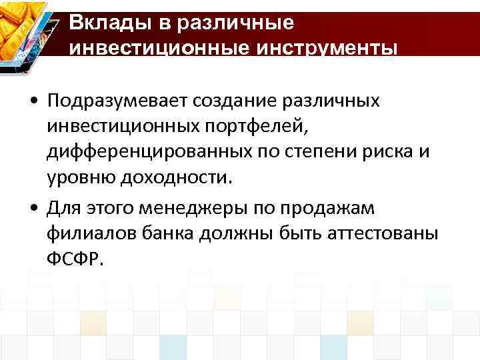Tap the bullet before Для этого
pos(34,209)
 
